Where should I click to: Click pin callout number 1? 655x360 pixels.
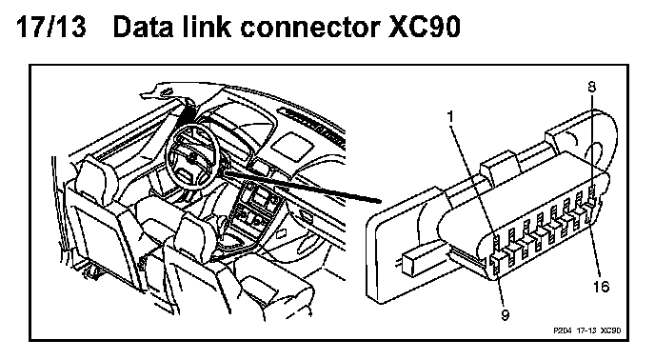point(450,117)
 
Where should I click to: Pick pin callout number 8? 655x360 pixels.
point(591,87)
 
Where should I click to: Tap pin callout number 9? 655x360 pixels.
point(505,315)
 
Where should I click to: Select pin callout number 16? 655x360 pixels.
point(601,287)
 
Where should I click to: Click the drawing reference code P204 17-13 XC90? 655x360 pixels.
point(586,330)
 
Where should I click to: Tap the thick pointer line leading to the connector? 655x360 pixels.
point(302,187)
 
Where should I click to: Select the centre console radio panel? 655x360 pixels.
point(260,195)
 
